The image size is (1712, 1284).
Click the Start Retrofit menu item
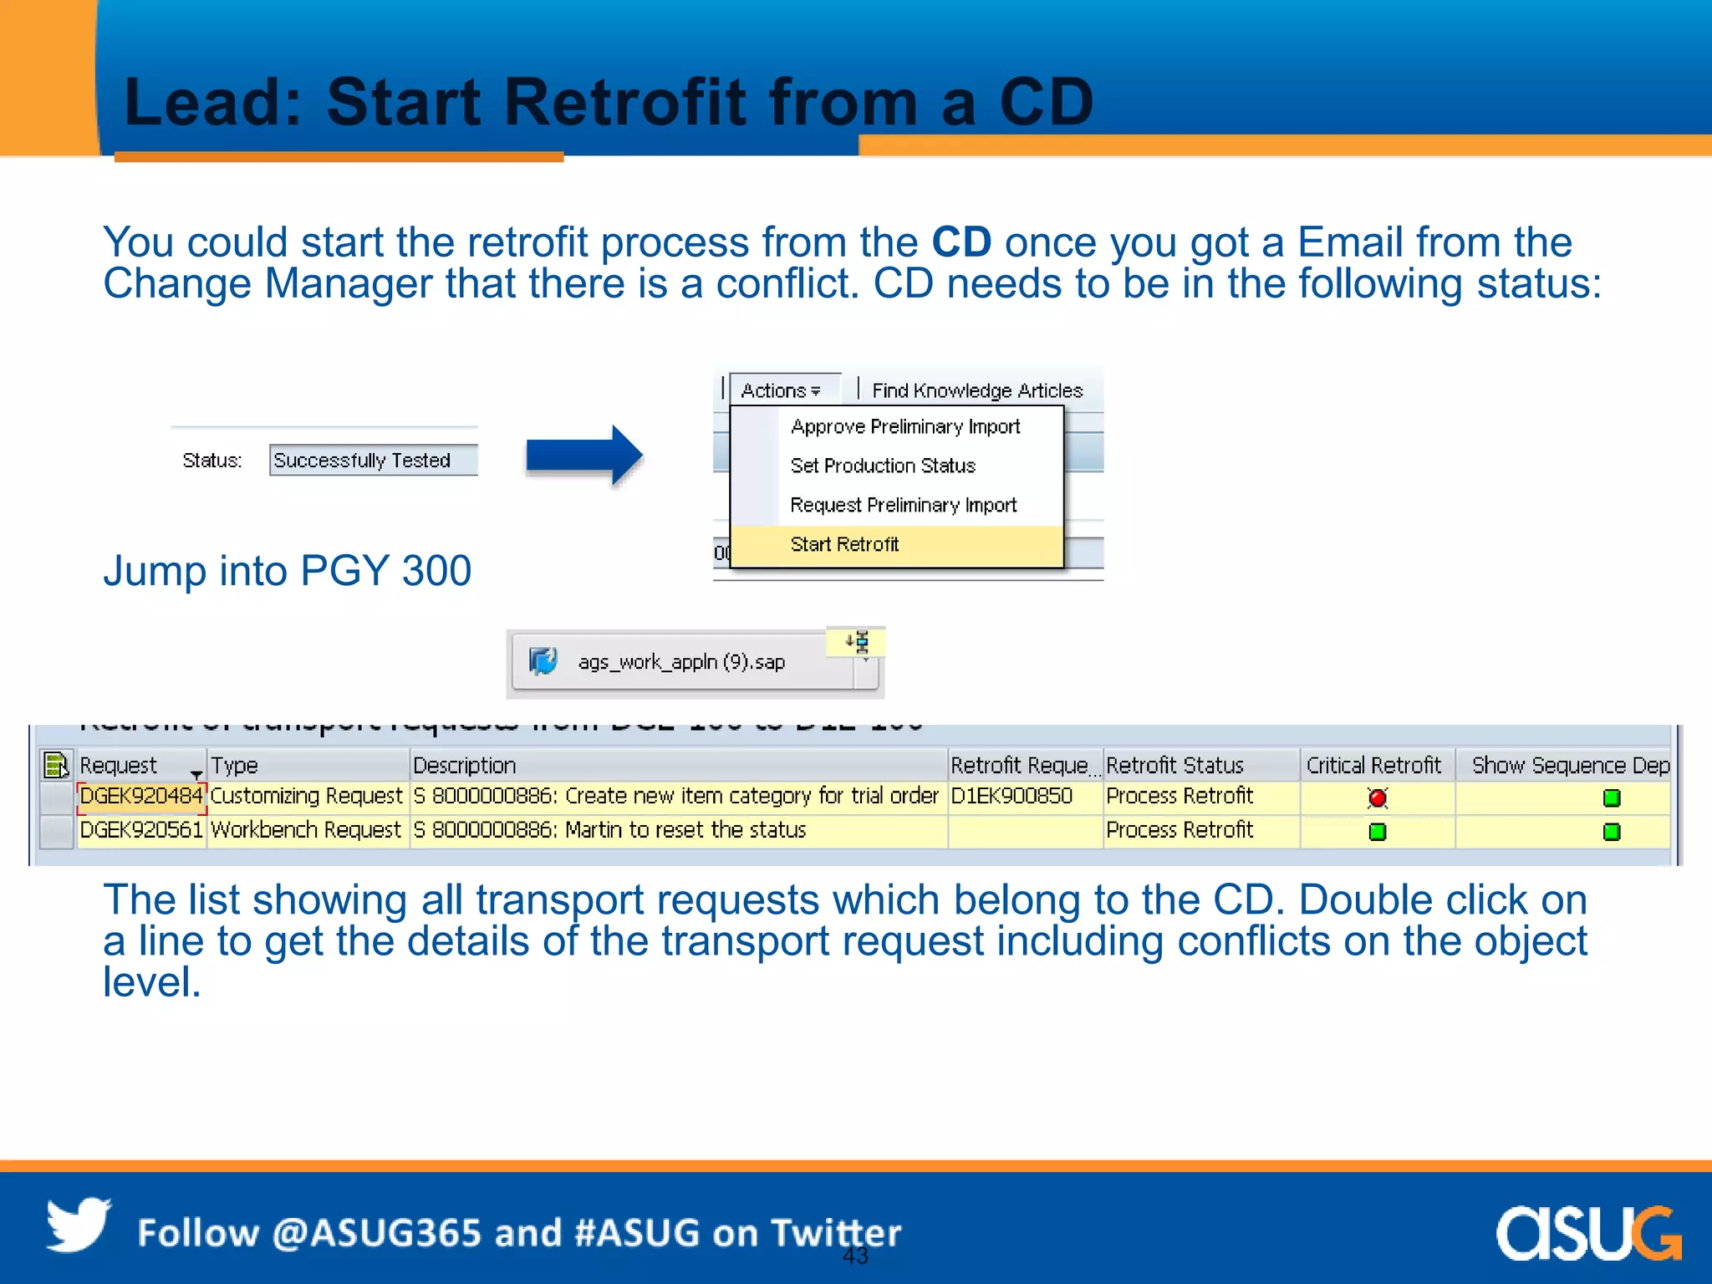coord(844,545)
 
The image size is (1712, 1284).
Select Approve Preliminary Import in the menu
coord(904,427)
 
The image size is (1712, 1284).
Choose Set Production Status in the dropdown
coord(883,466)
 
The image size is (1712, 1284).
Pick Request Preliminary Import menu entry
coord(903,506)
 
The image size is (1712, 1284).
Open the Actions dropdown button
coord(782,390)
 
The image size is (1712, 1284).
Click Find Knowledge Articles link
coord(976,391)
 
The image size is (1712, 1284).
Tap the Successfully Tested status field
coord(372,461)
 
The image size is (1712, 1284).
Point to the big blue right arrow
coord(584,456)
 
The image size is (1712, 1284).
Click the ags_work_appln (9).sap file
coord(681,663)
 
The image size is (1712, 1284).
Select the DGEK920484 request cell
coord(140,796)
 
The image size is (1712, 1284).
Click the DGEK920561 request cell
coord(140,830)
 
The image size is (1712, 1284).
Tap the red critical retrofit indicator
coord(1378,798)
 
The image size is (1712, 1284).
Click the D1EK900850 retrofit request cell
coord(1011,796)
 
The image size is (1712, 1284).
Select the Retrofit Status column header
coord(1174,766)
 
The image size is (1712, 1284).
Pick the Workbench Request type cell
coord(306,830)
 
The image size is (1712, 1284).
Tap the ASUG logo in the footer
coord(1588,1233)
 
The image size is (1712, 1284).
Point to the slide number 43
coord(855,1256)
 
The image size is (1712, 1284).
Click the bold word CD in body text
coord(961,242)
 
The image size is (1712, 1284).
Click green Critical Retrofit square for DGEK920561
coord(1378,832)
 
